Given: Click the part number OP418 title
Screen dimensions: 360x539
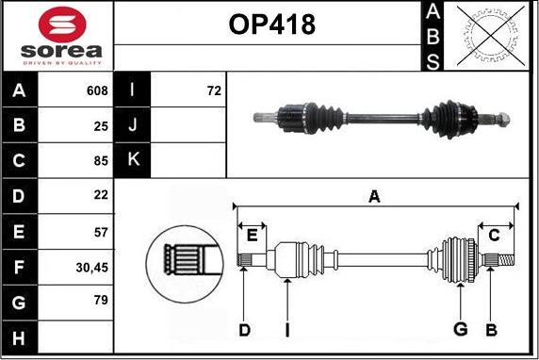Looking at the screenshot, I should (271, 26).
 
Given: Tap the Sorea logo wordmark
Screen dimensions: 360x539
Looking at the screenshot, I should (57, 49).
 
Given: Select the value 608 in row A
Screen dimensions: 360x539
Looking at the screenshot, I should (97, 91).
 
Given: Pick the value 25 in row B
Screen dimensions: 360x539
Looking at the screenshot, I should (101, 125).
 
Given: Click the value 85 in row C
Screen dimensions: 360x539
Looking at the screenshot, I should (101, 160).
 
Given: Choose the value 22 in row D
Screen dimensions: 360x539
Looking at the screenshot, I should (101, 195).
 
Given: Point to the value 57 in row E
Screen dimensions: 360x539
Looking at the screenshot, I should (101, 230).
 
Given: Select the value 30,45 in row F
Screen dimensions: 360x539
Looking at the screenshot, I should (92, 267).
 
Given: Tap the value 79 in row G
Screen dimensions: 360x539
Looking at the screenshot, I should (101, 302).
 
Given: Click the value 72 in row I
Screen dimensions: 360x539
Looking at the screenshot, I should (213, 91).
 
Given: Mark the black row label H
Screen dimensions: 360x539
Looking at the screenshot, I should (20, 336).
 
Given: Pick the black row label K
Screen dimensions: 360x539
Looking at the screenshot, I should (133, 160).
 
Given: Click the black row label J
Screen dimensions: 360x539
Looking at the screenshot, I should (133, 125).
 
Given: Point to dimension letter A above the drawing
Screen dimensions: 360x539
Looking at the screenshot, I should (374, 196).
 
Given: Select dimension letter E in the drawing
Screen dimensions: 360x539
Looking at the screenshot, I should (252, 236).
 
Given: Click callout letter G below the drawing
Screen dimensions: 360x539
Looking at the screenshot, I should (461, 329).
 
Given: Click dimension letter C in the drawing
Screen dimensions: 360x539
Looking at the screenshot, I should (493, 236).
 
